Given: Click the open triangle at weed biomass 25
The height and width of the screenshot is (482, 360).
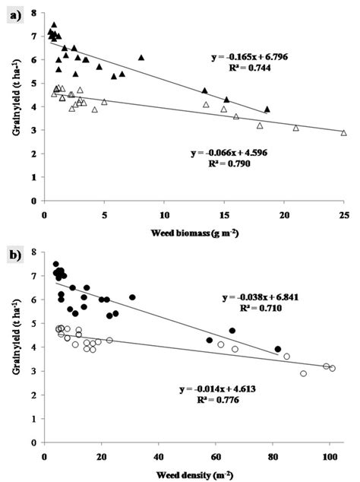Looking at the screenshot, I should click(x=343, y=132).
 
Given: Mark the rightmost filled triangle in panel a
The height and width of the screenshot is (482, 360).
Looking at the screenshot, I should click(x=267, y=109).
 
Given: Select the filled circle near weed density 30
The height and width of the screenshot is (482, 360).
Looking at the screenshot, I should click(x=132, y=297).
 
